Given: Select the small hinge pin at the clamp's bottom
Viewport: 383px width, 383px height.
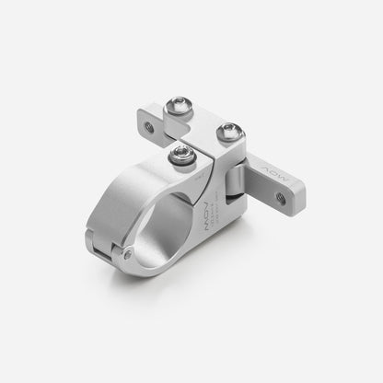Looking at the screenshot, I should (130, 254).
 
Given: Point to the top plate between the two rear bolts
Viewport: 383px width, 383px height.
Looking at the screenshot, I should (204, 120).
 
